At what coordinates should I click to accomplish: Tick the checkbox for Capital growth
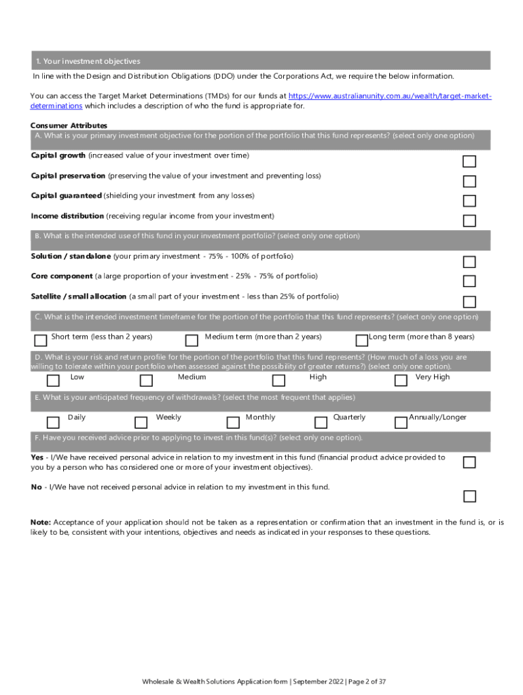469,162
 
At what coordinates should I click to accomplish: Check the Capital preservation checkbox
469,181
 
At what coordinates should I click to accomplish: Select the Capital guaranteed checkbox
469,201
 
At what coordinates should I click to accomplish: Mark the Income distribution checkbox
469,221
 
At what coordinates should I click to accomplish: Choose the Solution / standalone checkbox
469,262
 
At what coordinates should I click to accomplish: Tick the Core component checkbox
469,282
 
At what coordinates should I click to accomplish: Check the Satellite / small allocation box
469,302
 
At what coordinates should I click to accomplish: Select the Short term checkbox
40,340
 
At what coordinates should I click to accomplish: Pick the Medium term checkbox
192,340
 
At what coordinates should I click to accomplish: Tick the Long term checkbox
361,340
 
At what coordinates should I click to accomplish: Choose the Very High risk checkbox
401,380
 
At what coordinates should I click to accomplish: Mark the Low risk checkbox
53,380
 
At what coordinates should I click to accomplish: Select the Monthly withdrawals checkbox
233,422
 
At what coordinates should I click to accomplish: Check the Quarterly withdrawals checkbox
321,422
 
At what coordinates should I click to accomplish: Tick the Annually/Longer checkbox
401,422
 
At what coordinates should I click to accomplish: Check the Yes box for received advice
469,462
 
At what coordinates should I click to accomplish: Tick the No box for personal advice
469,496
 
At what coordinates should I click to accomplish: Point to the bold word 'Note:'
41,522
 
